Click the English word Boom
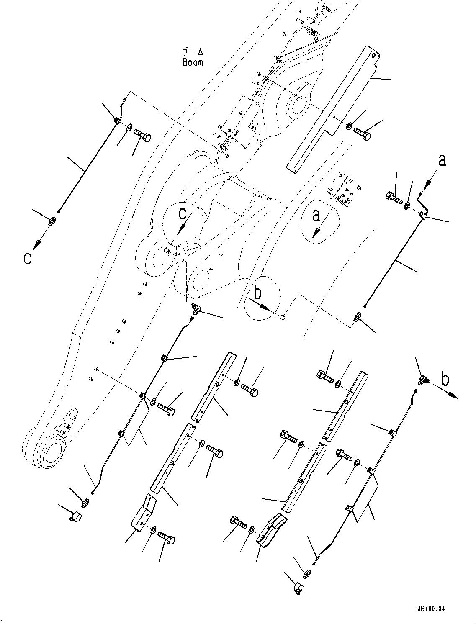click(x=193, y=63)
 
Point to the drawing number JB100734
click(x=431, y=609)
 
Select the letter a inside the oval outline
click(x=316, y=215)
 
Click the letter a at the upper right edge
click(x=442, y=159)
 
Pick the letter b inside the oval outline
click(x=257, y=293)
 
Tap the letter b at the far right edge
click(x=445, y=379)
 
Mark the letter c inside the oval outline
click(x=183, y=213)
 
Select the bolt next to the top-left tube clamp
click(x=143, y=135)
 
